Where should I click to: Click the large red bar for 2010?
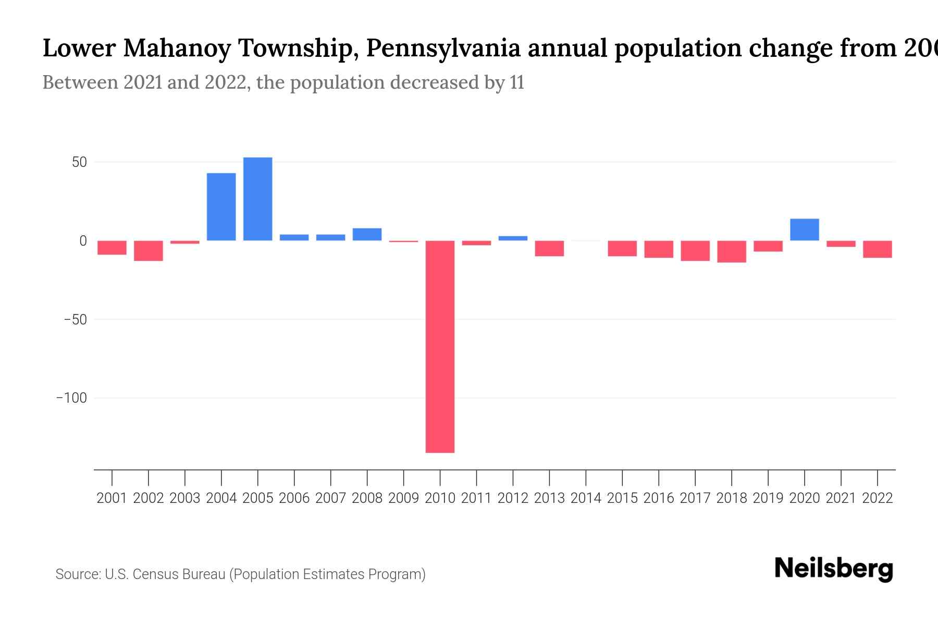point(440,346)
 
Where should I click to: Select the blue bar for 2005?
point(257,199)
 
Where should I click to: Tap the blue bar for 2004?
point(221,207)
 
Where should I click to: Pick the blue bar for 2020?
point(804,230)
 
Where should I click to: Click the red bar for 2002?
point(149,250)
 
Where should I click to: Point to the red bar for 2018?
point(731,251)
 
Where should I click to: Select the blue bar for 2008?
point(367,234)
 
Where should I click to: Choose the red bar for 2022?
point(877,249)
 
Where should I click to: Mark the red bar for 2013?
point(549,248)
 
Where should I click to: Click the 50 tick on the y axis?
point(79,162)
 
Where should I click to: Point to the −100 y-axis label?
point(71,398)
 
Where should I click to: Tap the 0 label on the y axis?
point(83,241)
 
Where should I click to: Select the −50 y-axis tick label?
point(75,319)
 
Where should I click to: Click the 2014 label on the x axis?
point(586,498)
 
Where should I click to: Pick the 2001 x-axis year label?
point(112,498)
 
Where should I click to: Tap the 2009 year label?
point(403,498)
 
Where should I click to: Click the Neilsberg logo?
point(834,569)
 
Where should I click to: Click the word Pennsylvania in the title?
point(443,49)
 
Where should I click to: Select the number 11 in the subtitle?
point(516,83)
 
